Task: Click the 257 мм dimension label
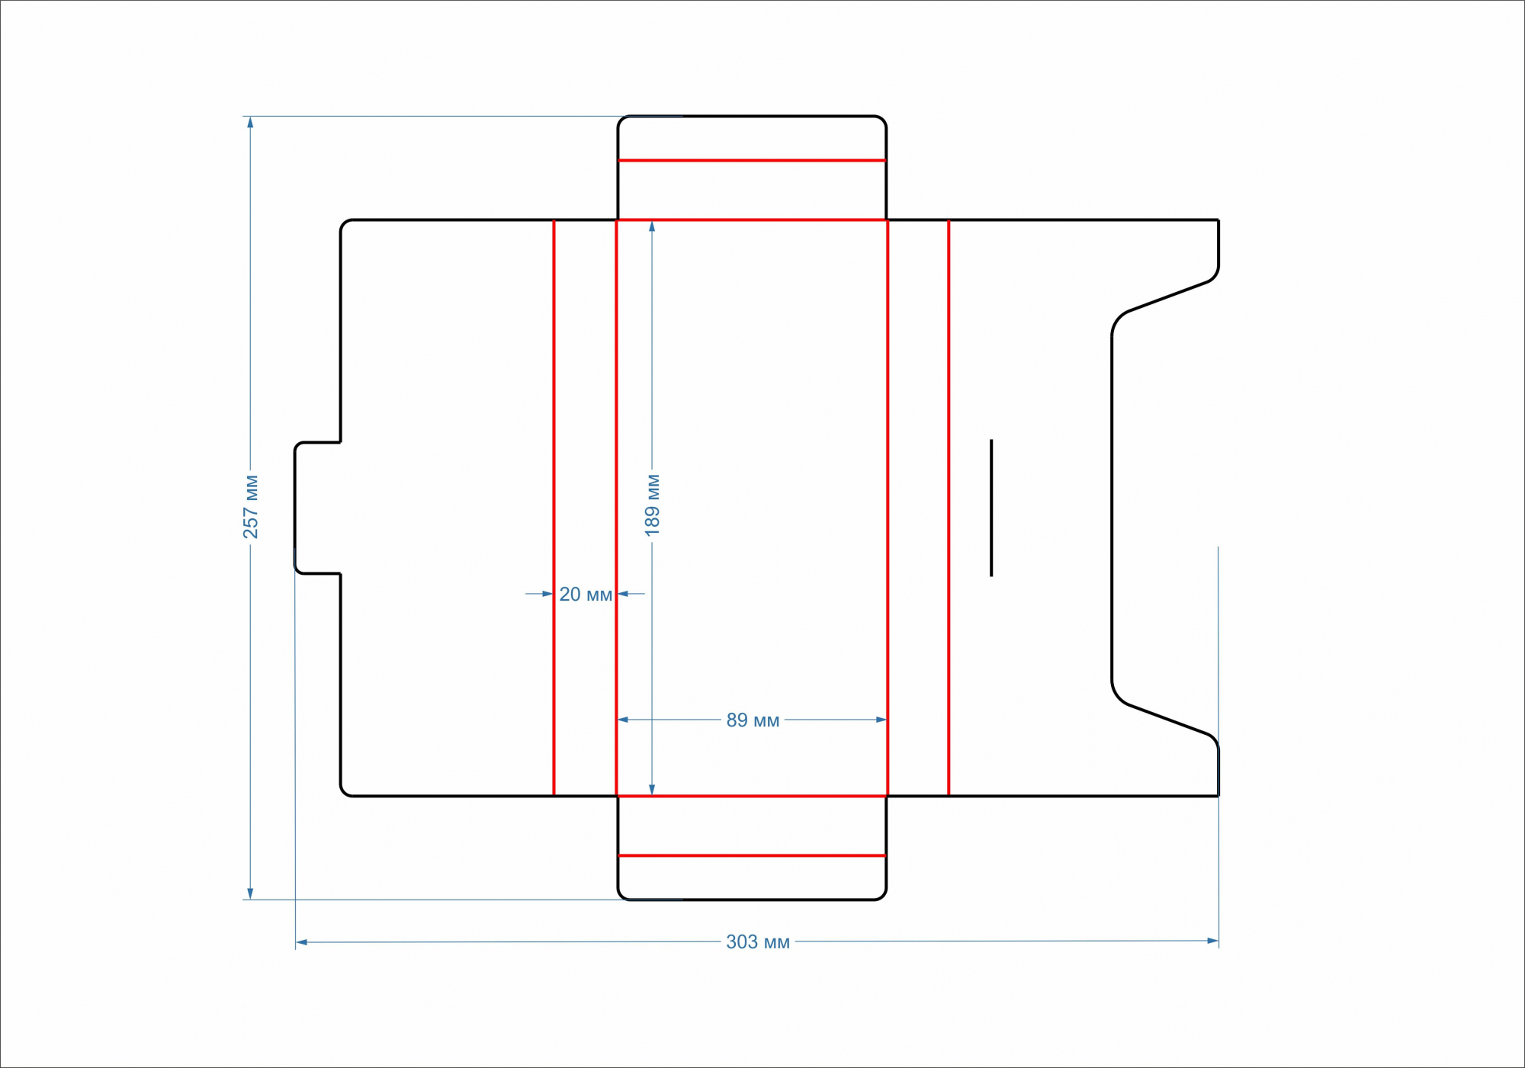(251, 507)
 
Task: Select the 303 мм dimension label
(757, 942)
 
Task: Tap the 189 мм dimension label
(653, 505)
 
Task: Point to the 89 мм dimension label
(753, 720)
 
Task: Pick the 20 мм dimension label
(586, 595)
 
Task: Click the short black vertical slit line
(991, 508)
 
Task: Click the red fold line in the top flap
(752, 161)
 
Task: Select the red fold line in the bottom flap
(752, 856)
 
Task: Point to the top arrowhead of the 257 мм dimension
(250, 122)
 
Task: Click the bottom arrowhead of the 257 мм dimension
(250, 894)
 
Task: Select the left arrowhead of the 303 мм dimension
(302, 943)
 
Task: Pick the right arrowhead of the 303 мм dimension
(1212, 941)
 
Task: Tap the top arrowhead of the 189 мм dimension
(652, 226)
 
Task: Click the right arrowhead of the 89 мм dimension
(881, 720)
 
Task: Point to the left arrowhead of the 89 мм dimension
(623, 720)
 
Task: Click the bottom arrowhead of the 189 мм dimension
(652, 790)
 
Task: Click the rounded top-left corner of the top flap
(621, 120)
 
